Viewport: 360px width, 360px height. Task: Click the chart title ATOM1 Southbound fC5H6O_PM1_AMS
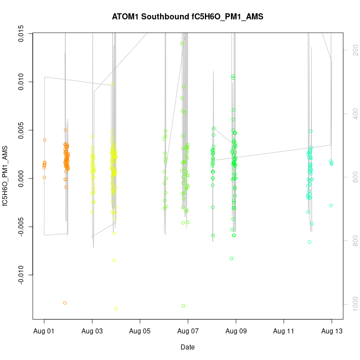[x=187, y=17]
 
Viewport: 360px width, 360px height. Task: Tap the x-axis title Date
[x=187, y=347]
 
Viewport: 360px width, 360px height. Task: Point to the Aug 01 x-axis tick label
[x=44, y=331]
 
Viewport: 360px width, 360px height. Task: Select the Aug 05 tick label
[x=140, y=331]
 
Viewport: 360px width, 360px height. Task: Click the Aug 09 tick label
[x=236, y=331]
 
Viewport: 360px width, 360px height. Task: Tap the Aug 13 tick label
[x=332, y=331]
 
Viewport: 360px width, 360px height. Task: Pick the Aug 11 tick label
[x=284, y=331]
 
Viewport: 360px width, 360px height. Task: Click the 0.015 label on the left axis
[x=20, y=34]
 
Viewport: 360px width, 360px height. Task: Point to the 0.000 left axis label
[x=20, y=178]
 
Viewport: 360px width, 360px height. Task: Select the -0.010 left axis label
[x=20, y=274]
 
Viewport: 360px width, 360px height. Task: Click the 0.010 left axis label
[x=20, y=82]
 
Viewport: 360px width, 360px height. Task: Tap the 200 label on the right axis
[x=353, y=50]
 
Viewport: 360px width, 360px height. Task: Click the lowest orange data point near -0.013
[x=65, y=303]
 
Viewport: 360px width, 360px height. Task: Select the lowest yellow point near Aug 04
[x=116, y=308]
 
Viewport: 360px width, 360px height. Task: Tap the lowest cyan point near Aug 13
[x=331, y=205]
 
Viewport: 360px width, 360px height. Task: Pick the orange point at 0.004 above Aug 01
[x=44, y=140]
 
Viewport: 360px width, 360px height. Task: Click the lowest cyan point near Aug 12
[x=310, y=242]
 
